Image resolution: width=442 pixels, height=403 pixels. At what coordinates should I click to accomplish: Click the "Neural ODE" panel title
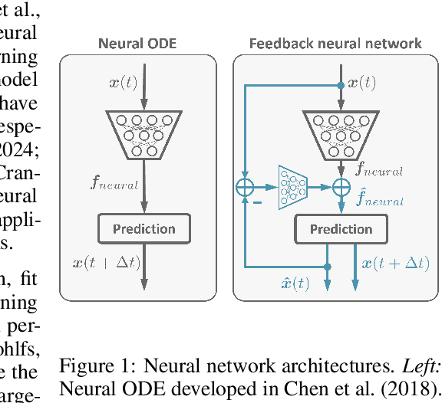click(x=137, y=44)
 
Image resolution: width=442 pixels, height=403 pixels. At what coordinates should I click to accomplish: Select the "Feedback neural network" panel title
click(x=335, y=44)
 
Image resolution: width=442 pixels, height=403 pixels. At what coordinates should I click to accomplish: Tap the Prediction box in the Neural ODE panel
click(x=143, y=228)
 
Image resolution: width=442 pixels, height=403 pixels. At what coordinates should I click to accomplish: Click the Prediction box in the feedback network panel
click(x=341, y=228)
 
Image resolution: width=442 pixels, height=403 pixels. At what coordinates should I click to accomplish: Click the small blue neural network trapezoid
click(x=292, y=185)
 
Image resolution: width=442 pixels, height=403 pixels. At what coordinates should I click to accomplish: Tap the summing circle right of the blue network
click(x=341, y=185)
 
